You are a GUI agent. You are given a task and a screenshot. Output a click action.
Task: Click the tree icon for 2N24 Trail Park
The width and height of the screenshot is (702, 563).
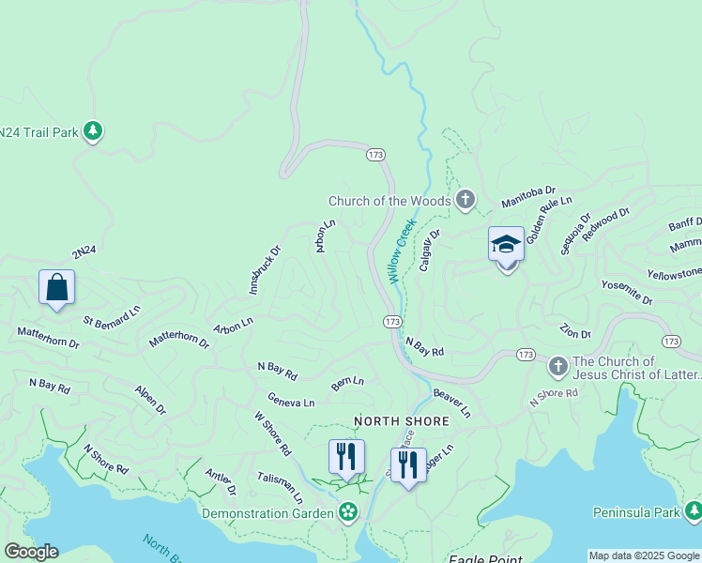coord(92,130)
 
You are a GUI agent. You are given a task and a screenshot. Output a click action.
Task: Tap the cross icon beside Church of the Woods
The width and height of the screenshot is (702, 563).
coord(465,200)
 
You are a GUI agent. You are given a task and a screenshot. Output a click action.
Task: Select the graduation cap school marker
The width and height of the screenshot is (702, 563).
coord(506,246)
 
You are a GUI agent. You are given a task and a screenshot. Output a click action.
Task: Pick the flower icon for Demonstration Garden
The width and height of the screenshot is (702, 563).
coord(348,512)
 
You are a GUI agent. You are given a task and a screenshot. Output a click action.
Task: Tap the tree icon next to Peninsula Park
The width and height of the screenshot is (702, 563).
coord(693,511)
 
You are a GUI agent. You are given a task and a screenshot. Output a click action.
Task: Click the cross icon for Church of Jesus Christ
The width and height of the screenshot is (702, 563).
coord(557,365)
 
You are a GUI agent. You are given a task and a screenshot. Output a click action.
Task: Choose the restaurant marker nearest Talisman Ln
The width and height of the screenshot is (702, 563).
coord(346,457)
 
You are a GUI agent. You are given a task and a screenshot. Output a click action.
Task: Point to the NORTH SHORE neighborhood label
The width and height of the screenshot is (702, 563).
coord(401,422)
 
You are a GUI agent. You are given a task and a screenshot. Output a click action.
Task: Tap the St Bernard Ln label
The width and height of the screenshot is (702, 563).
coord(112,316)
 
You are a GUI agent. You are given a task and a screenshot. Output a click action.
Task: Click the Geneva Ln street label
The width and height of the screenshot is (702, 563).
coord(291,401)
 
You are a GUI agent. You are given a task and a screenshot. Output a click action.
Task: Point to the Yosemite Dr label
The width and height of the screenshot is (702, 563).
coord(626,292)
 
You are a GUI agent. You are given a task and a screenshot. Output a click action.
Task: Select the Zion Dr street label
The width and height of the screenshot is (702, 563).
coord(574,331)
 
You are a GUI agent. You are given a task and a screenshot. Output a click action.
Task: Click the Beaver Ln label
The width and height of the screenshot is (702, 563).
coord(451,404)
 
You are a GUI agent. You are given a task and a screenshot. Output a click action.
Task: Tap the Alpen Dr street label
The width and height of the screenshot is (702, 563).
coord(150,400)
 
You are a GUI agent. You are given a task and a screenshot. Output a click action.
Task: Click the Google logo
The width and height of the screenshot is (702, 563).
coord(31,552)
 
